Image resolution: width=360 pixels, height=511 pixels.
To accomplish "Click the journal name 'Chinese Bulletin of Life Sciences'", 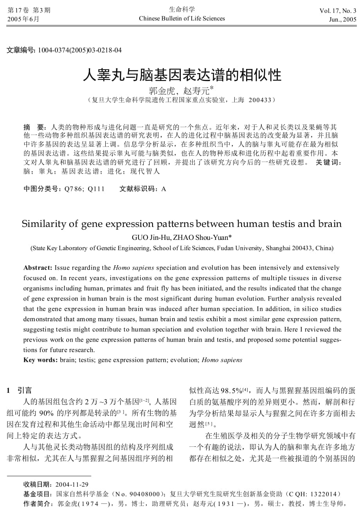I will [182, 18].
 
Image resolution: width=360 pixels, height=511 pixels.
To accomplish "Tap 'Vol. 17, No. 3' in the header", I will [338, 11].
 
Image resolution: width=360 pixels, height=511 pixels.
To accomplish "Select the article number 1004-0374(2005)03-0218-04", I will [80, 50].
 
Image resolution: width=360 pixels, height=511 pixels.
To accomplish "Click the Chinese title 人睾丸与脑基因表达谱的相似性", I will [182, 74].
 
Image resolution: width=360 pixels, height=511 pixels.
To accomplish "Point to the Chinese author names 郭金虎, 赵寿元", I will [180, 91].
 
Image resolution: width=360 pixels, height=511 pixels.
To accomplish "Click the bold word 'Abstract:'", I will [38, 268].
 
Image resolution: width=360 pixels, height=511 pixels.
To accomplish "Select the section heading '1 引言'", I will [20, 390].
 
